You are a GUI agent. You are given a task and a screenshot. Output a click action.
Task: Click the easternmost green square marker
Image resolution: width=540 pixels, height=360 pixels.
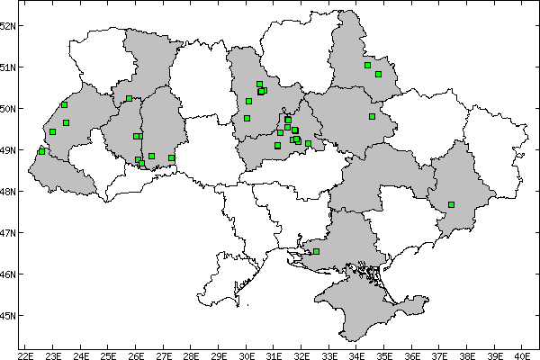click(x=451, y=204)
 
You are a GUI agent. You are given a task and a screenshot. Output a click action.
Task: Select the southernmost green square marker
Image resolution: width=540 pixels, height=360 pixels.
click(x=316, y=251)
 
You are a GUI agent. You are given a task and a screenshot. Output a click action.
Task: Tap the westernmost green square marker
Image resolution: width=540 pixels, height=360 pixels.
click(x=42, y=151)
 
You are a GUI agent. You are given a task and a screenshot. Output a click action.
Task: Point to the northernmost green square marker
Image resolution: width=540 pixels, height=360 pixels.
click(x=367, y=65)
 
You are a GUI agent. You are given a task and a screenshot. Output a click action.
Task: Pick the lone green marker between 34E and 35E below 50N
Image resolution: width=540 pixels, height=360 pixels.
click(x=372, y=116)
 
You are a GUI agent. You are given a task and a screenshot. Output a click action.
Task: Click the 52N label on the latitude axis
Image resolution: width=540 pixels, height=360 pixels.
click(x=9, y=25)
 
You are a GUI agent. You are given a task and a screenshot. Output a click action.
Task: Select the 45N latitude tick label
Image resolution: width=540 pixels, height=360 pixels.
click(x=9, y=316)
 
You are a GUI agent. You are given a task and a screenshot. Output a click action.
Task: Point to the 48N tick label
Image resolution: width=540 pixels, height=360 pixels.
click(x=9, y=192)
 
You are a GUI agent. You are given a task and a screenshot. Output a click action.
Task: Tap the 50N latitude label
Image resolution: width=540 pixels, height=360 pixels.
click(x=9, y=109)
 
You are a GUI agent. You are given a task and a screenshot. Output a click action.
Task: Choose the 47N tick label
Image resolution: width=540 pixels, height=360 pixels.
click(x=9, y=233)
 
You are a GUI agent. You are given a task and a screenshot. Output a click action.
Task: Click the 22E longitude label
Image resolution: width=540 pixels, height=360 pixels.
click(x=26, y=354)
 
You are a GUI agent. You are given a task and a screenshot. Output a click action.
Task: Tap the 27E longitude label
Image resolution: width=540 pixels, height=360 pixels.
click(x=164, y=354)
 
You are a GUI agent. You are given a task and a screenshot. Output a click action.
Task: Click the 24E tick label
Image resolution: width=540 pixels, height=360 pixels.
click(x=81, y=354)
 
